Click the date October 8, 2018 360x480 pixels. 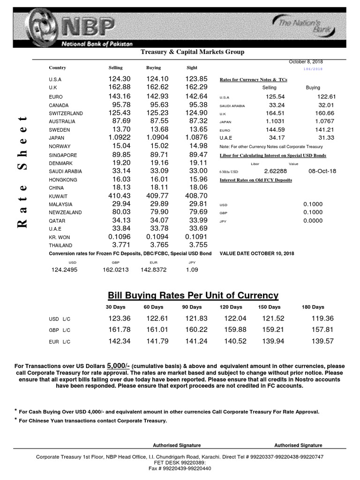(306, 62)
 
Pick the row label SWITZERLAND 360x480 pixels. (66, 113)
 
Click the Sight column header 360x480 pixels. (192, 68)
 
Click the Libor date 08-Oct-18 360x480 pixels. (322, 171)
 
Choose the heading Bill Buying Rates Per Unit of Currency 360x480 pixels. (193, 295)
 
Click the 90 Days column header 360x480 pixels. (192, 307)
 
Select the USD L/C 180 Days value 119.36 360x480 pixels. (322, 319)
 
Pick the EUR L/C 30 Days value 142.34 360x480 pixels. (119, 341)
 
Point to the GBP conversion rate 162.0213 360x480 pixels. (115, 270)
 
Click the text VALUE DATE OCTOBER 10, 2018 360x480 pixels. (257, 254)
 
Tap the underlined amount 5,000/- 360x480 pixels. (118, 366)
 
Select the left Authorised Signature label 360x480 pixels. (177, 445)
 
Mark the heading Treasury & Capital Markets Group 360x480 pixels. (193, 52)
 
